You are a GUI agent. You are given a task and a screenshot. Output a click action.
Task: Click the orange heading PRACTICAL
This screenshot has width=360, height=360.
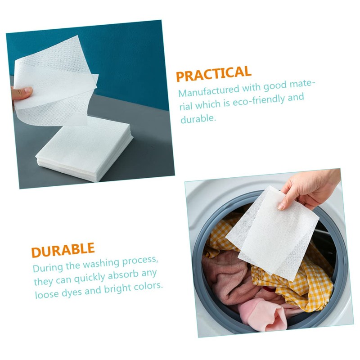click(x=213, y=73)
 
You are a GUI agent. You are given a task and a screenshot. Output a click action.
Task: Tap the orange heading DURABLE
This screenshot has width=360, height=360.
click(x=63, y=250)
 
